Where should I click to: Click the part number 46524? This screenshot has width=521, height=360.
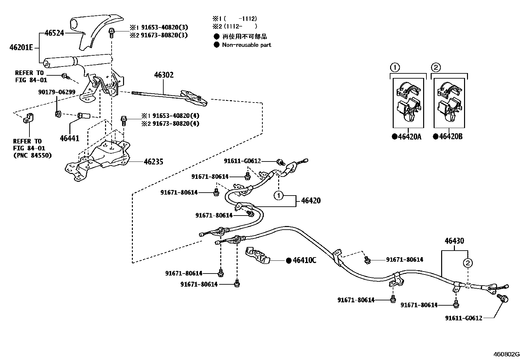click(x=54, y=33)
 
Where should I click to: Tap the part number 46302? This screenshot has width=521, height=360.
click(x=164, y=75)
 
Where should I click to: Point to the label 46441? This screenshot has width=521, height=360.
click(x=69, y=139)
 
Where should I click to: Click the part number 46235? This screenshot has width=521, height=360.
click(x=153, y=161)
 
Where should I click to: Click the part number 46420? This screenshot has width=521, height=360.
click(x=311, y=200)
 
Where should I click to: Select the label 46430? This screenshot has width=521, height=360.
click(x=454, y=241)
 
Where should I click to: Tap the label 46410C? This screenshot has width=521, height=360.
click(x=304, y=260)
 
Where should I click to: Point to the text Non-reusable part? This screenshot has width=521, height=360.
click(x=246, y=45)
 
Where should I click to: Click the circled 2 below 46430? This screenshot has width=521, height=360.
click(x=468, y=263)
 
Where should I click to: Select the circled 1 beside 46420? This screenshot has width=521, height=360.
click(x=278, y=196)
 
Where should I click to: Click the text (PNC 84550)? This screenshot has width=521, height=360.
click(x=32, y=156)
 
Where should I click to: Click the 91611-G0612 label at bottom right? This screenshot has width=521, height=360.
click(x=463, y=318)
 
